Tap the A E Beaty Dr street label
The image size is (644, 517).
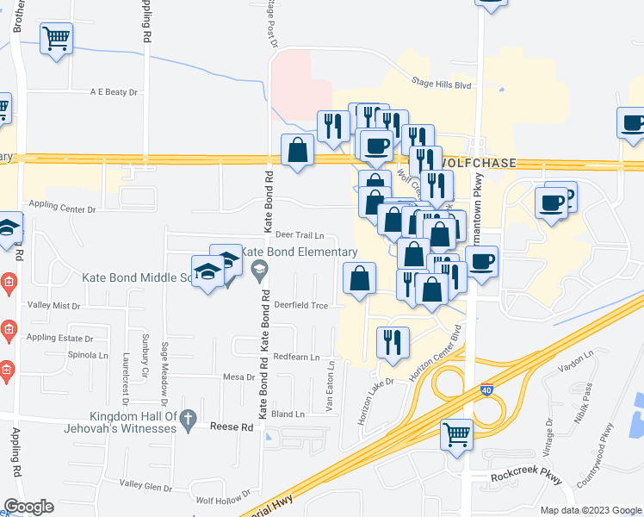tap(115, 91)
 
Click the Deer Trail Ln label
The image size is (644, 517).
tap(300, 234)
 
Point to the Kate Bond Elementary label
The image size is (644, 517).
tap(297, 252)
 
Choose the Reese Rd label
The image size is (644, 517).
tap(235, 427)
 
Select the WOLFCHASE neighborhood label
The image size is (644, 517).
tap(490, 163)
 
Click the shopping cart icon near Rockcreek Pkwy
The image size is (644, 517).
tap(456, 433)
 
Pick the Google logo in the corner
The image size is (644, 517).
tap(28, 507)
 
